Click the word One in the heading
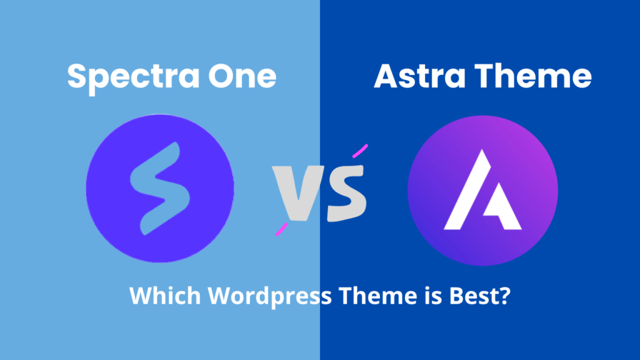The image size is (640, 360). pos(242,76)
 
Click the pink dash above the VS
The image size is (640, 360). pos(360,151)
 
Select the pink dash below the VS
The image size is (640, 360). pos(282,229)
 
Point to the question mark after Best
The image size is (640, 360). pos(503,295)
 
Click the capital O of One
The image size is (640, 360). pos(222,76)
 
